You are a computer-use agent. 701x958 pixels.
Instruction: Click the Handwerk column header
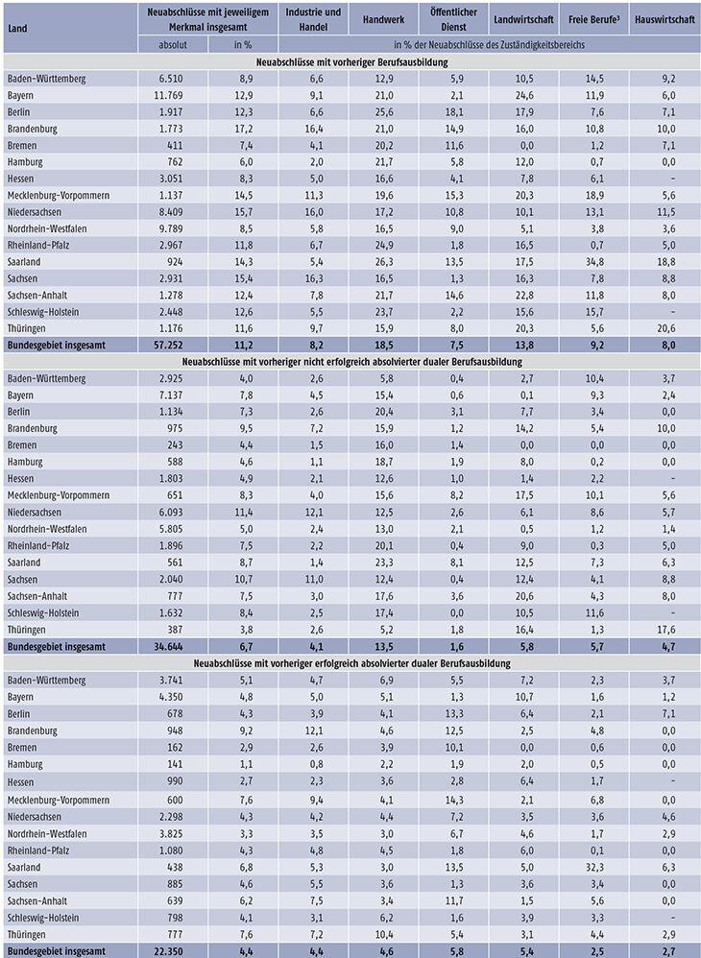point(383,19)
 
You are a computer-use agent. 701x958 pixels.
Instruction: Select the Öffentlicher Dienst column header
point(453,19)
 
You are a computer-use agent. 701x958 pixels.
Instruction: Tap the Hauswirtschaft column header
point(665,19)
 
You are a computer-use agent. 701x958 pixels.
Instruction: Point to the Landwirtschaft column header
point(523,19)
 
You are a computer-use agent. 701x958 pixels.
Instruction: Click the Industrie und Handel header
point(313,19)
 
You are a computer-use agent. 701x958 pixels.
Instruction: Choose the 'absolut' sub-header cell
point(173,44)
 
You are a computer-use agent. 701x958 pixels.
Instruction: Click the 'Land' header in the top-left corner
point(17,28)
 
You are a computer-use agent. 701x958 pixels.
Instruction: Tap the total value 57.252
point(167,346)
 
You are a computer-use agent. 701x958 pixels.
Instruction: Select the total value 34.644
point(167,646)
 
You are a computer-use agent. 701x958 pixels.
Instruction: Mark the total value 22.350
point(167,951)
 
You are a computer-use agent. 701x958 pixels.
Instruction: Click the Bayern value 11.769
point(167,95)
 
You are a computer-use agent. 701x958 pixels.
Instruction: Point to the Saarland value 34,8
point(594,262)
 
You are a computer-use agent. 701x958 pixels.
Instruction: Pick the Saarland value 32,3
point(594,868)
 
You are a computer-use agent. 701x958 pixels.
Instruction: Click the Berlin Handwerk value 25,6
point(384,112)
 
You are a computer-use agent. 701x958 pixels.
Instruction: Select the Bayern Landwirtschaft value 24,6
point(523,95)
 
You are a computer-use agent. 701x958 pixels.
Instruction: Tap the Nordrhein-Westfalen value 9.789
point(169,229)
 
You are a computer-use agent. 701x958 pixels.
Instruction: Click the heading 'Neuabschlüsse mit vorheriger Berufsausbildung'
point(351,62)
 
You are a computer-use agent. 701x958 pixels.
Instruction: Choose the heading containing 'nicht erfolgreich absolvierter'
point(351,362)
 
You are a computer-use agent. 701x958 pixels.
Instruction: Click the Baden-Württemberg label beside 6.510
point(46,79)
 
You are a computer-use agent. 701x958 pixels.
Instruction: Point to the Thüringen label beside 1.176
point(26,328)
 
